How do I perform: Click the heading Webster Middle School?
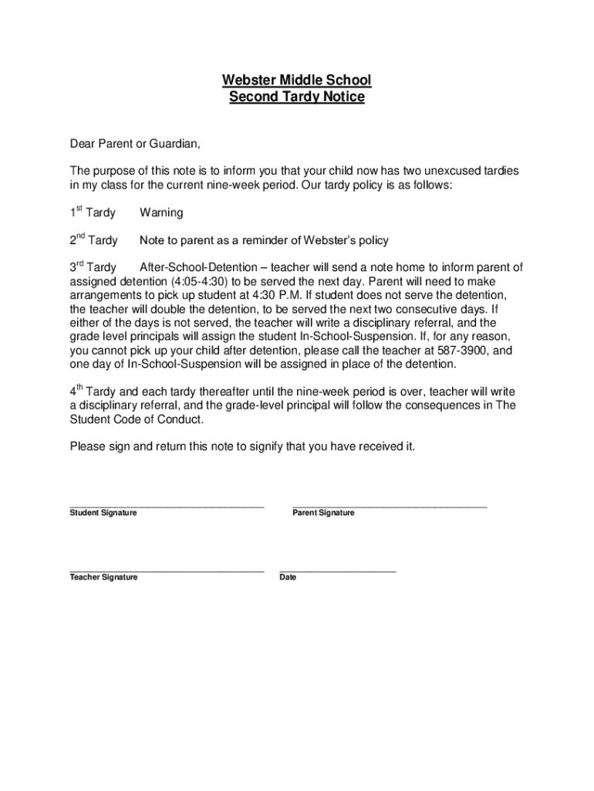point(297,80)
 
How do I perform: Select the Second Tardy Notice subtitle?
point(297,98)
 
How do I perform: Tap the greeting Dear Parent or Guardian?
point(135,144)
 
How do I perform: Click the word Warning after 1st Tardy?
point(161,212)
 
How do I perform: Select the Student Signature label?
point(103,513)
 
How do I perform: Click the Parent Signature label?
point(323,513)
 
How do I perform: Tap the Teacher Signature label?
point(103,577)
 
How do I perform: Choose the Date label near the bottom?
point(288,577)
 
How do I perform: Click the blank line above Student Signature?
point(167,506)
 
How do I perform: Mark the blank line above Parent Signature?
point(390,506)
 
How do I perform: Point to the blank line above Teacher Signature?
point(167,570)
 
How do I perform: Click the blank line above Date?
point(337,570)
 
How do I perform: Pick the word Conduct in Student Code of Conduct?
point(182,419)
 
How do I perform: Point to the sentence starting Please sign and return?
point(242,446)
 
